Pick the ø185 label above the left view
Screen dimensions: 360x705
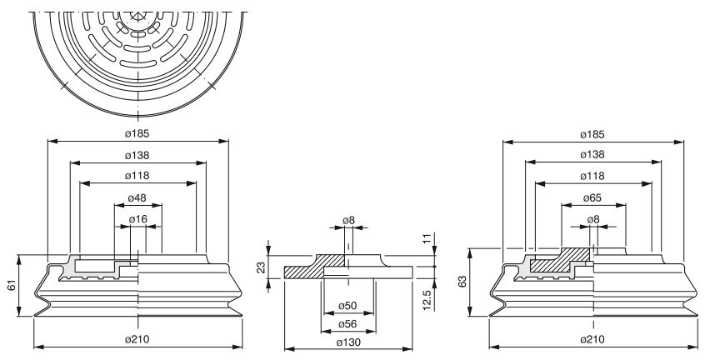click(137, 132)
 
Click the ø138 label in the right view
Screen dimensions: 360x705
click(592, 154)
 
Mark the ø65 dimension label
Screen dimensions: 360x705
click(592, 197)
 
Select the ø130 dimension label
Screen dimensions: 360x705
click(348, 342)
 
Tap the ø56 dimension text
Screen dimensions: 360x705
click(348, 323)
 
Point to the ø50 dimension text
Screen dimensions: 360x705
click(348, 305)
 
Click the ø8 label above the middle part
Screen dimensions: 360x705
click(348, 220)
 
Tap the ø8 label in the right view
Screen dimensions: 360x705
click(592, 219)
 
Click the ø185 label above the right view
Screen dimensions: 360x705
click(592, 132)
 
